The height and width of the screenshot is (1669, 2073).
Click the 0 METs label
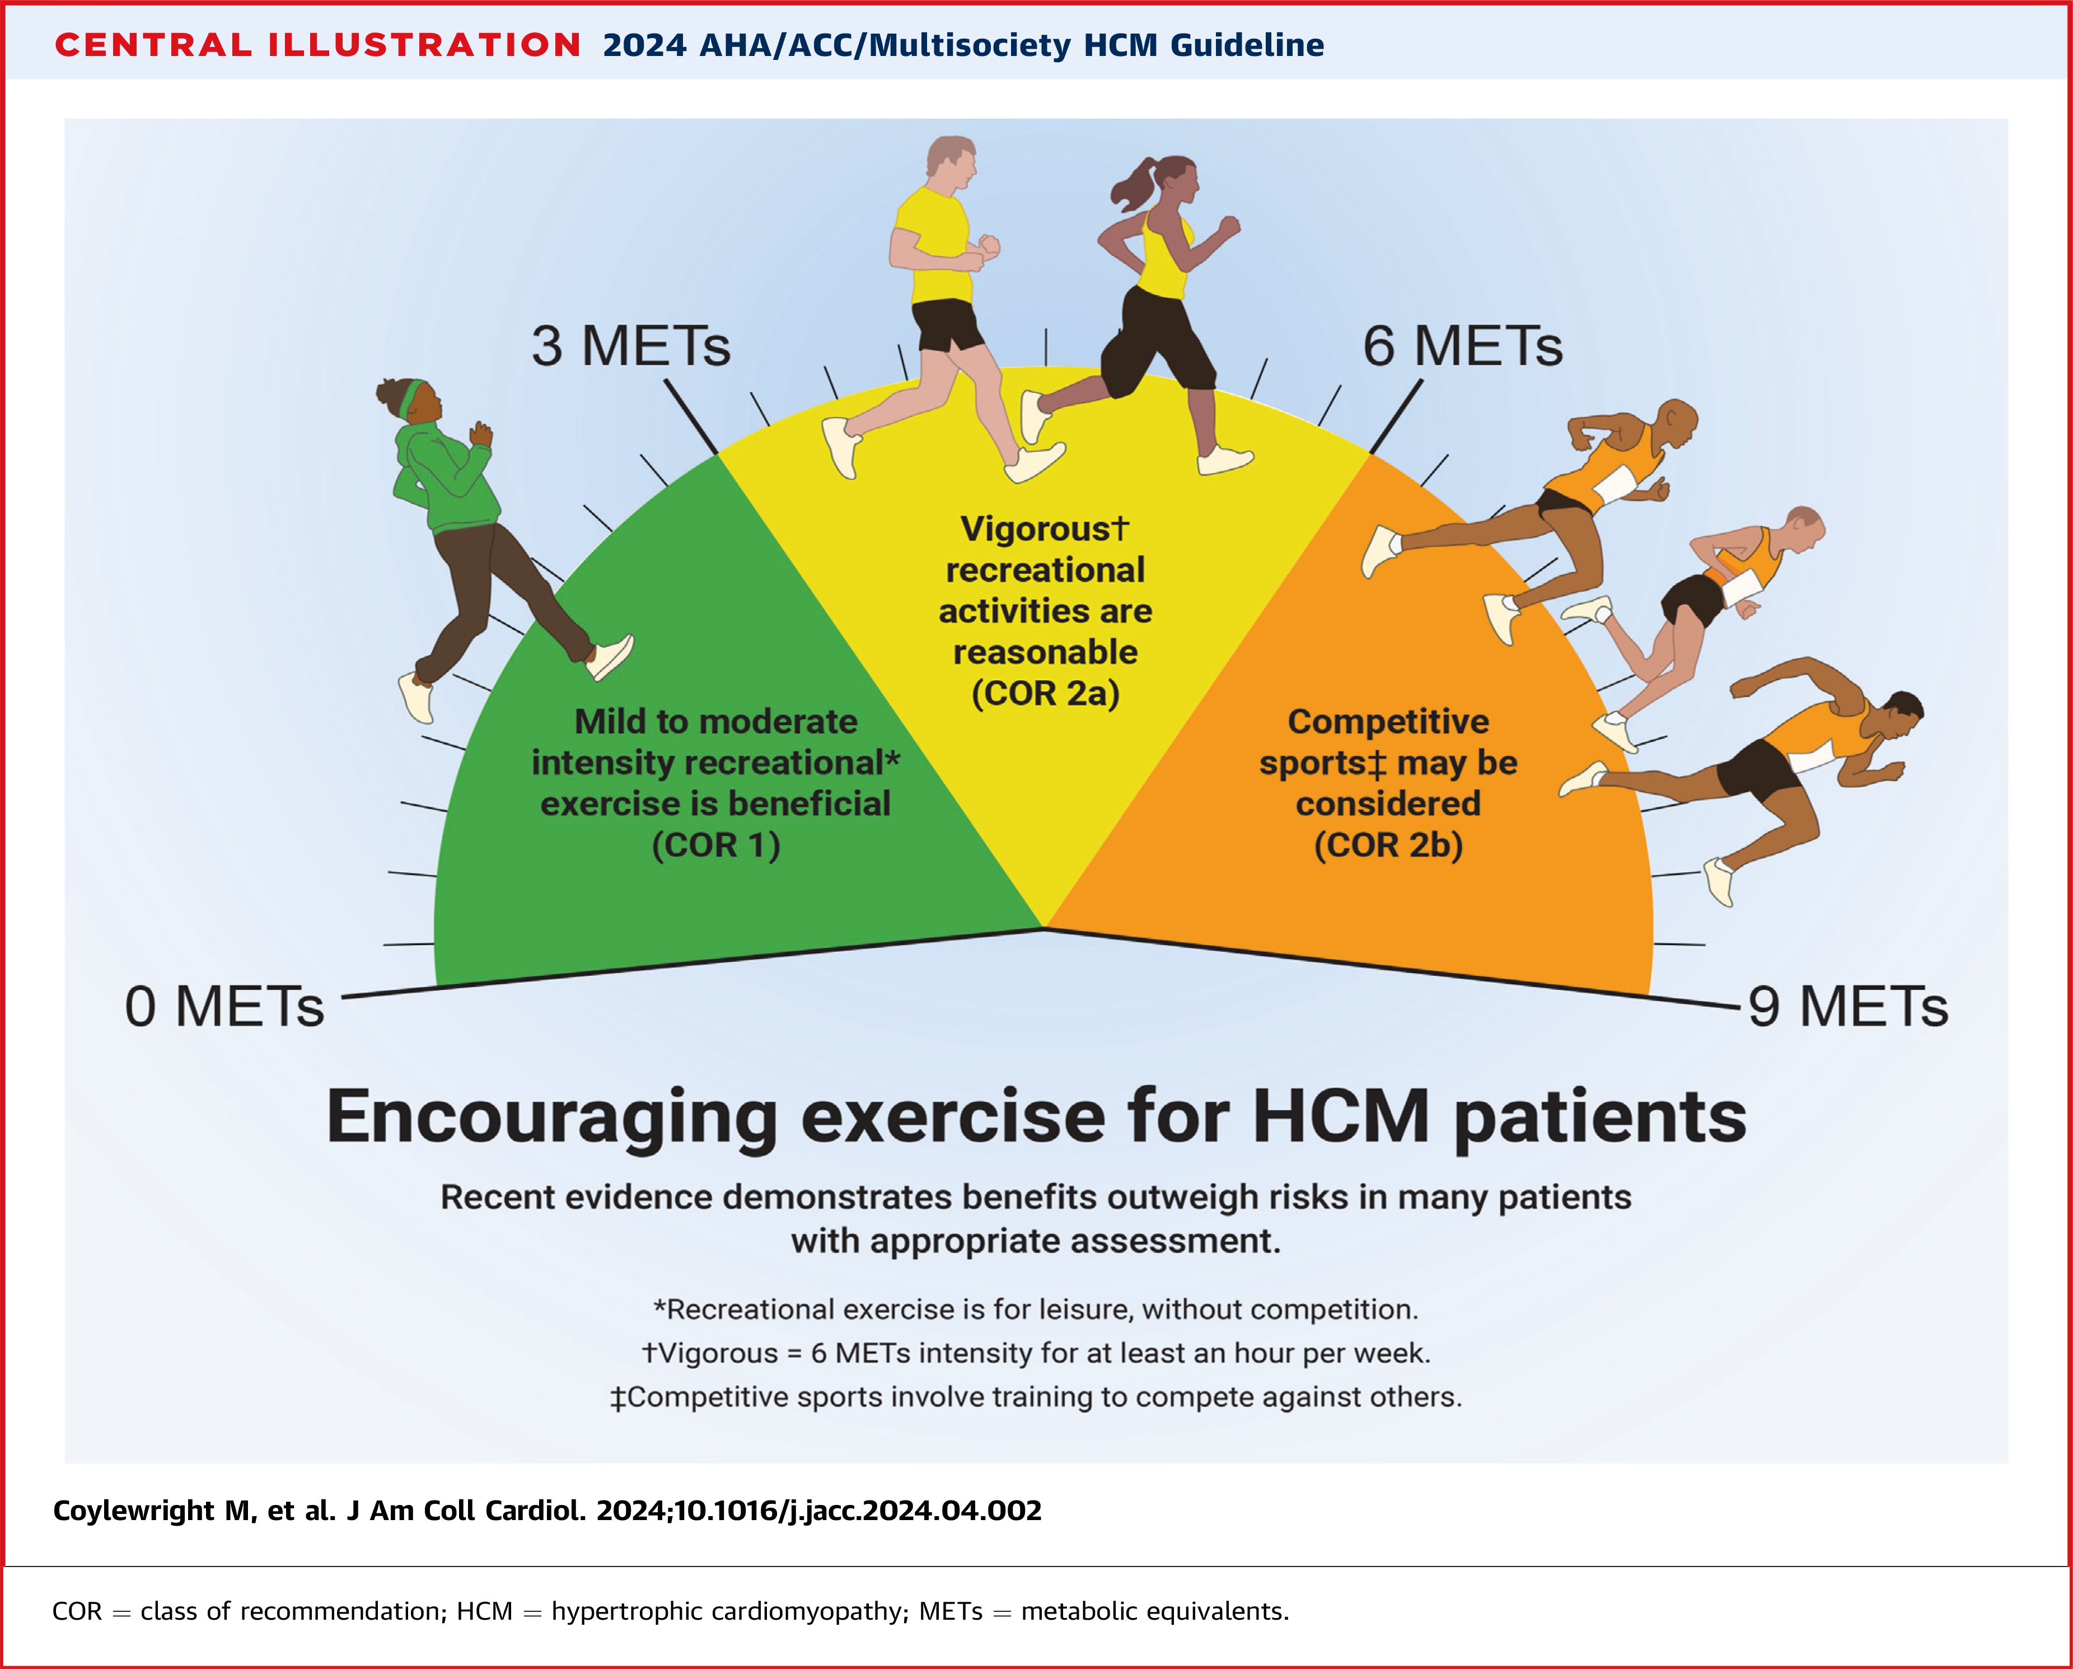click(x=224, y=1008)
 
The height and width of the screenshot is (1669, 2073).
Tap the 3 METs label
click(x=631, y=346)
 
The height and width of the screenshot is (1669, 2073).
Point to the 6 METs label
click(x=1462, y=346)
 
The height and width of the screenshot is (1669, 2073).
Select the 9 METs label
click(x=1847, y=1008)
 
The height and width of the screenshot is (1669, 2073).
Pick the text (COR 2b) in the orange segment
click(x=1387, y=845)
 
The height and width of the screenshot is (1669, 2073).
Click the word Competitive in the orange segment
click(x=1387, y=721)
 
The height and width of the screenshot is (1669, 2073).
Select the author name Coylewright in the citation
click(x=134, y=1511)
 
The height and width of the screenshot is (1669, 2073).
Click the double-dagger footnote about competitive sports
click(x=1036, y=1397)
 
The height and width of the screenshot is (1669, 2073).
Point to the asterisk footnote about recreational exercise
click(x=1036, y=1310)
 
